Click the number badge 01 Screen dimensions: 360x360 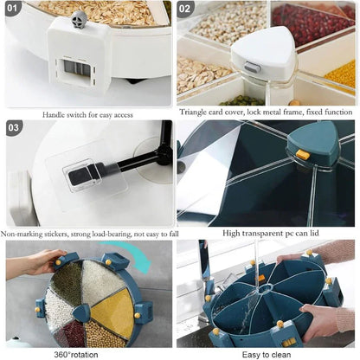[x=12, y=8]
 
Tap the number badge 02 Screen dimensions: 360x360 [x=184, y=9]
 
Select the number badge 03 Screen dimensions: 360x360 [x=14, y=128]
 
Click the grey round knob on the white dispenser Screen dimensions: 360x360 [x=80, y=19]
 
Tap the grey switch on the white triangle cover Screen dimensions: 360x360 [x=253, y=68]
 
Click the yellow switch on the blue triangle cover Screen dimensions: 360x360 [x=303, y=155]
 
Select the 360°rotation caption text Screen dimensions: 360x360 [x=76, y=354]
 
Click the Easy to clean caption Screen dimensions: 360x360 [x=267, y=354]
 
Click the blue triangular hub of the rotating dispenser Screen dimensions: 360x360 [x=82, y=312]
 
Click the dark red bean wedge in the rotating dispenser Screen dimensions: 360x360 [x=70, y=333]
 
